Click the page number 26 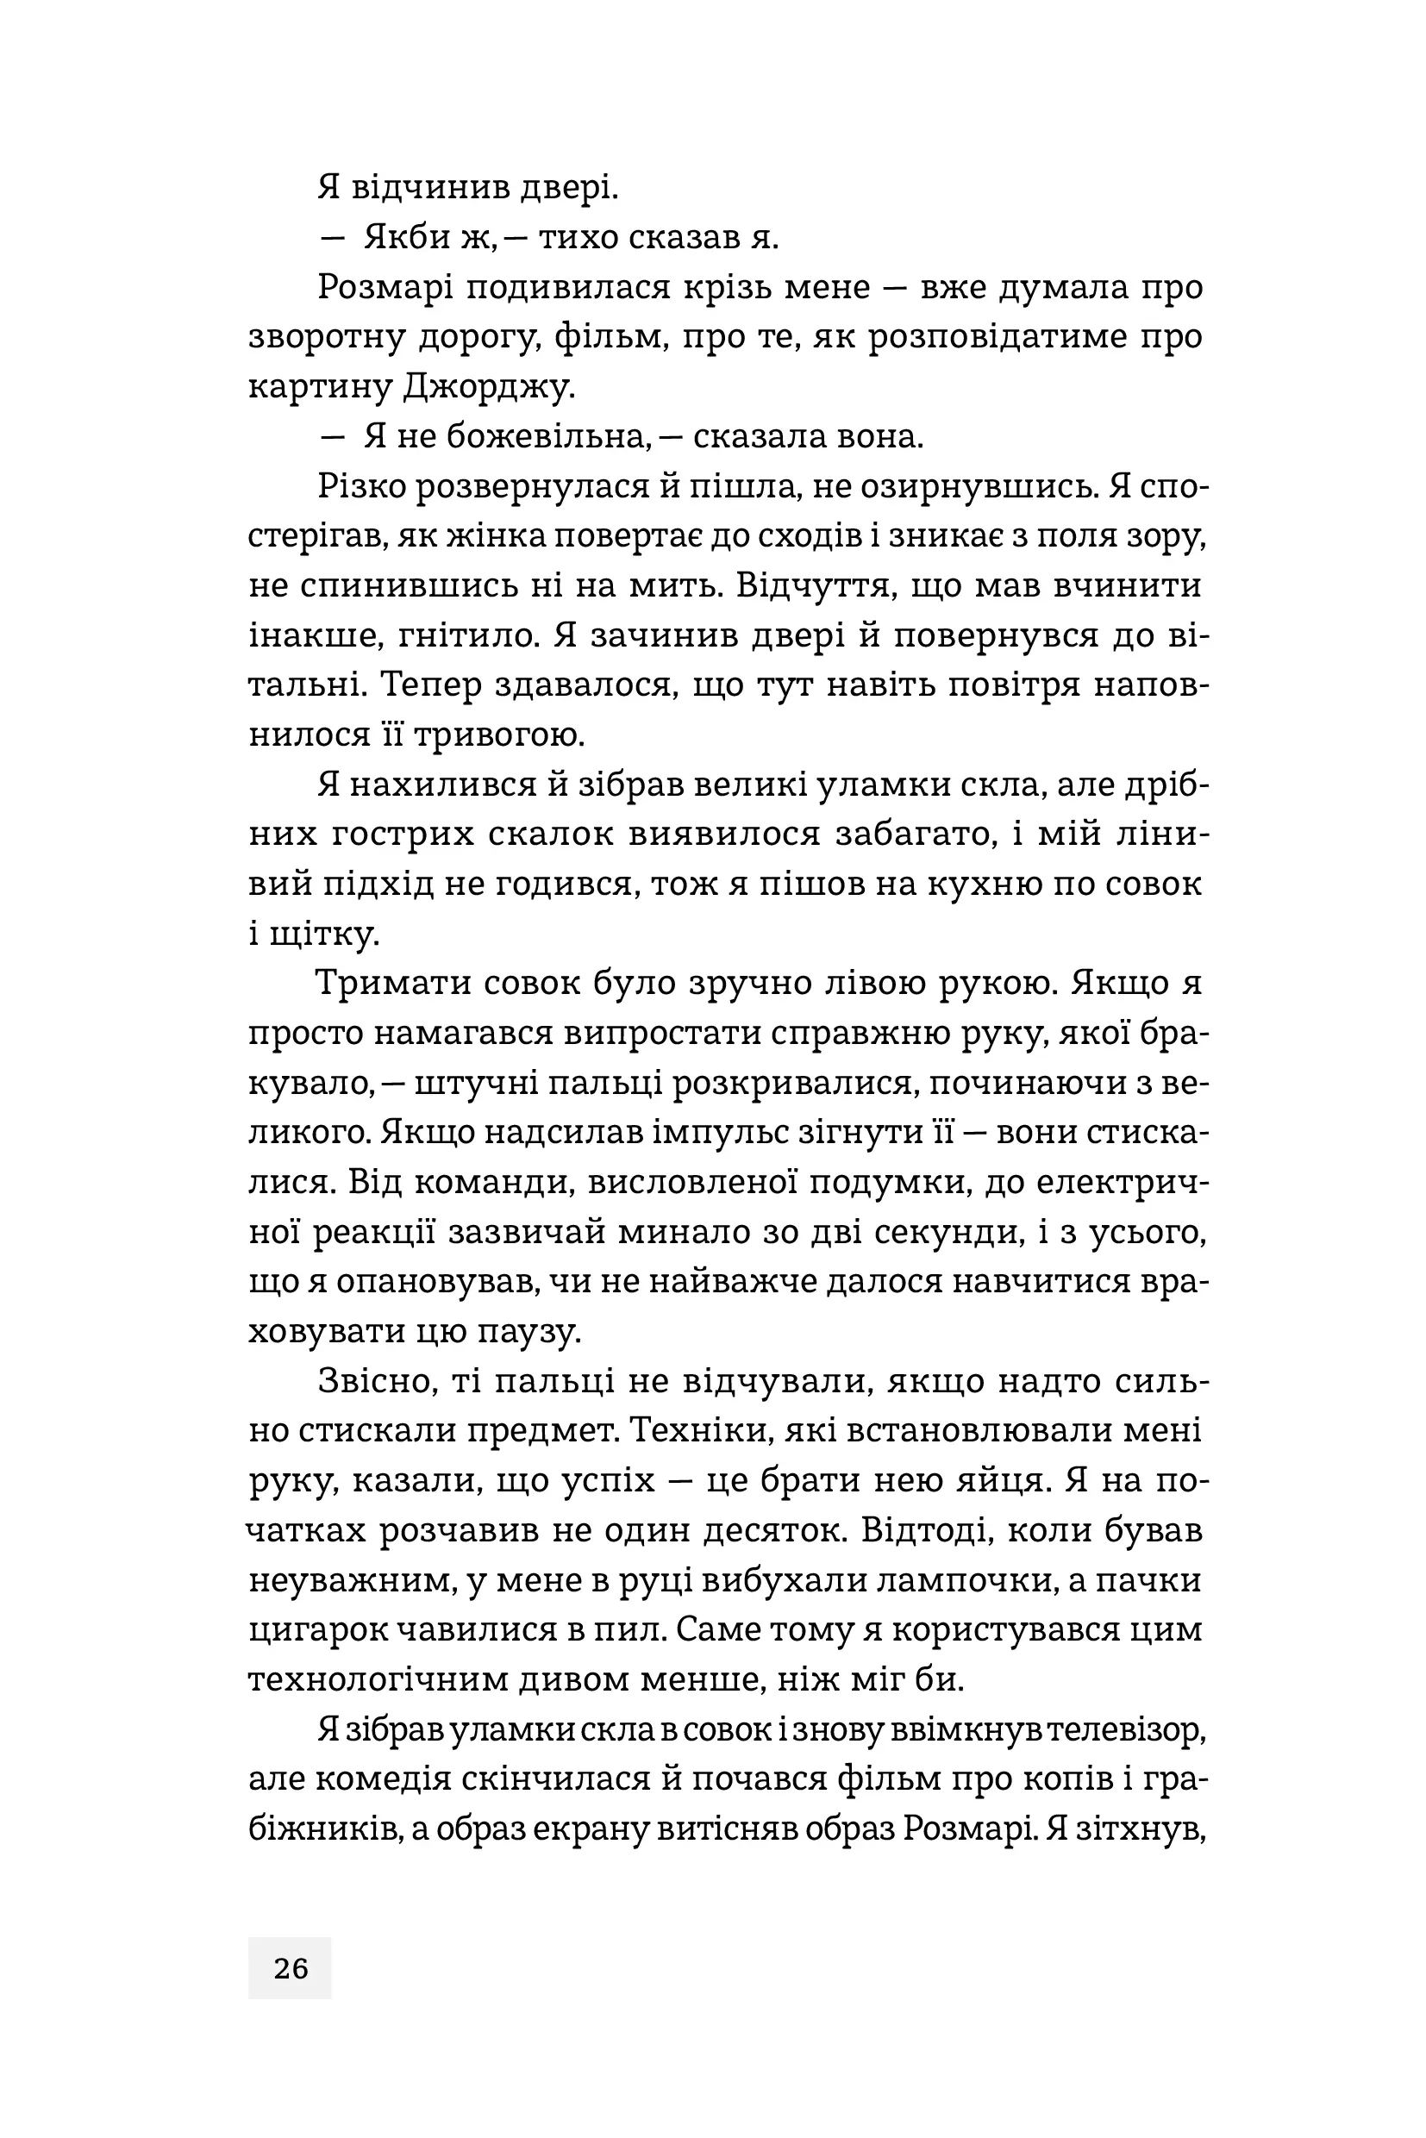coord(290,1969)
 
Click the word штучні coord(483,1083)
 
